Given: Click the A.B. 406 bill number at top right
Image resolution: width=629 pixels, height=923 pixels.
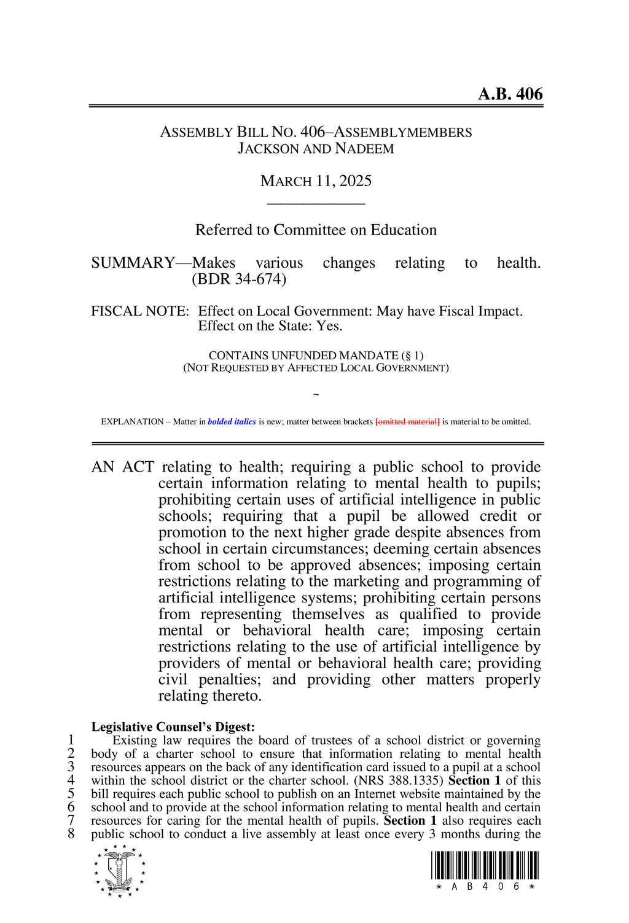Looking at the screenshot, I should pos(510,94).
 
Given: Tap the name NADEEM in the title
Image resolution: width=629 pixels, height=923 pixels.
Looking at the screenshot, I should pos(365,149).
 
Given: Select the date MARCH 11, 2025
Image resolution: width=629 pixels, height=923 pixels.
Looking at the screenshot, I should pos(316,181).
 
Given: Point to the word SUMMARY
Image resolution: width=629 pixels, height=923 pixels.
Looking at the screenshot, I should pos(133,263).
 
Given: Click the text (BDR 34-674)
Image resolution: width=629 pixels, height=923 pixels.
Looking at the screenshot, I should pos(239,279).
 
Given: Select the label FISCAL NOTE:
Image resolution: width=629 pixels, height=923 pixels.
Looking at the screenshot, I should pos(140,311).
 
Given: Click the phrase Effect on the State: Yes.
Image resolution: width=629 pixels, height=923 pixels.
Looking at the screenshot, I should pos(270,326).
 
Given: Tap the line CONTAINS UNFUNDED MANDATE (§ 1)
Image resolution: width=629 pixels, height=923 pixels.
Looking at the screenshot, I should pos(316,356).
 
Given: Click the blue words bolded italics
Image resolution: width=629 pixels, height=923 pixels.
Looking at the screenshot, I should pos(232,422).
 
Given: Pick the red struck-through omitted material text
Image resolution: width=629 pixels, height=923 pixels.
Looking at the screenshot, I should pos(407,422).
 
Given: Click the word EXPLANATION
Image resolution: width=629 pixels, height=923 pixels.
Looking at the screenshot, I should pos(132,422).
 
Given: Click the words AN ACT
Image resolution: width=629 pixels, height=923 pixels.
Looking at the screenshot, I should pos(123,467).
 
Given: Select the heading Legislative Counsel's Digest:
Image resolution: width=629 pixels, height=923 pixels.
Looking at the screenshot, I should pos(173,727).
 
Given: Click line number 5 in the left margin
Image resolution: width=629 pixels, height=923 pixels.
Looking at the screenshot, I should pos(71,794).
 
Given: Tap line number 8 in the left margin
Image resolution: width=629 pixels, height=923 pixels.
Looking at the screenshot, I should pos(71,834).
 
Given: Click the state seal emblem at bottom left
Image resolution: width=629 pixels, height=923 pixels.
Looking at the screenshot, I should pos(120,871).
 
